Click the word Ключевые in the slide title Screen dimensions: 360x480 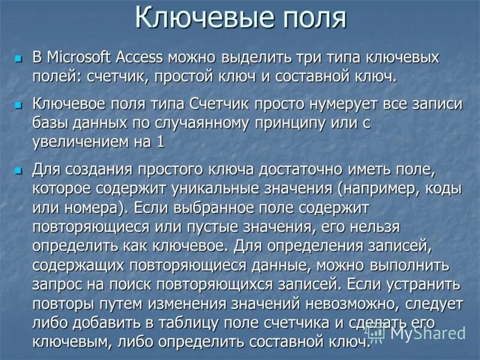188,17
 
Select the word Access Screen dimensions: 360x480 140,58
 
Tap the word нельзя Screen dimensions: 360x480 367,227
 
